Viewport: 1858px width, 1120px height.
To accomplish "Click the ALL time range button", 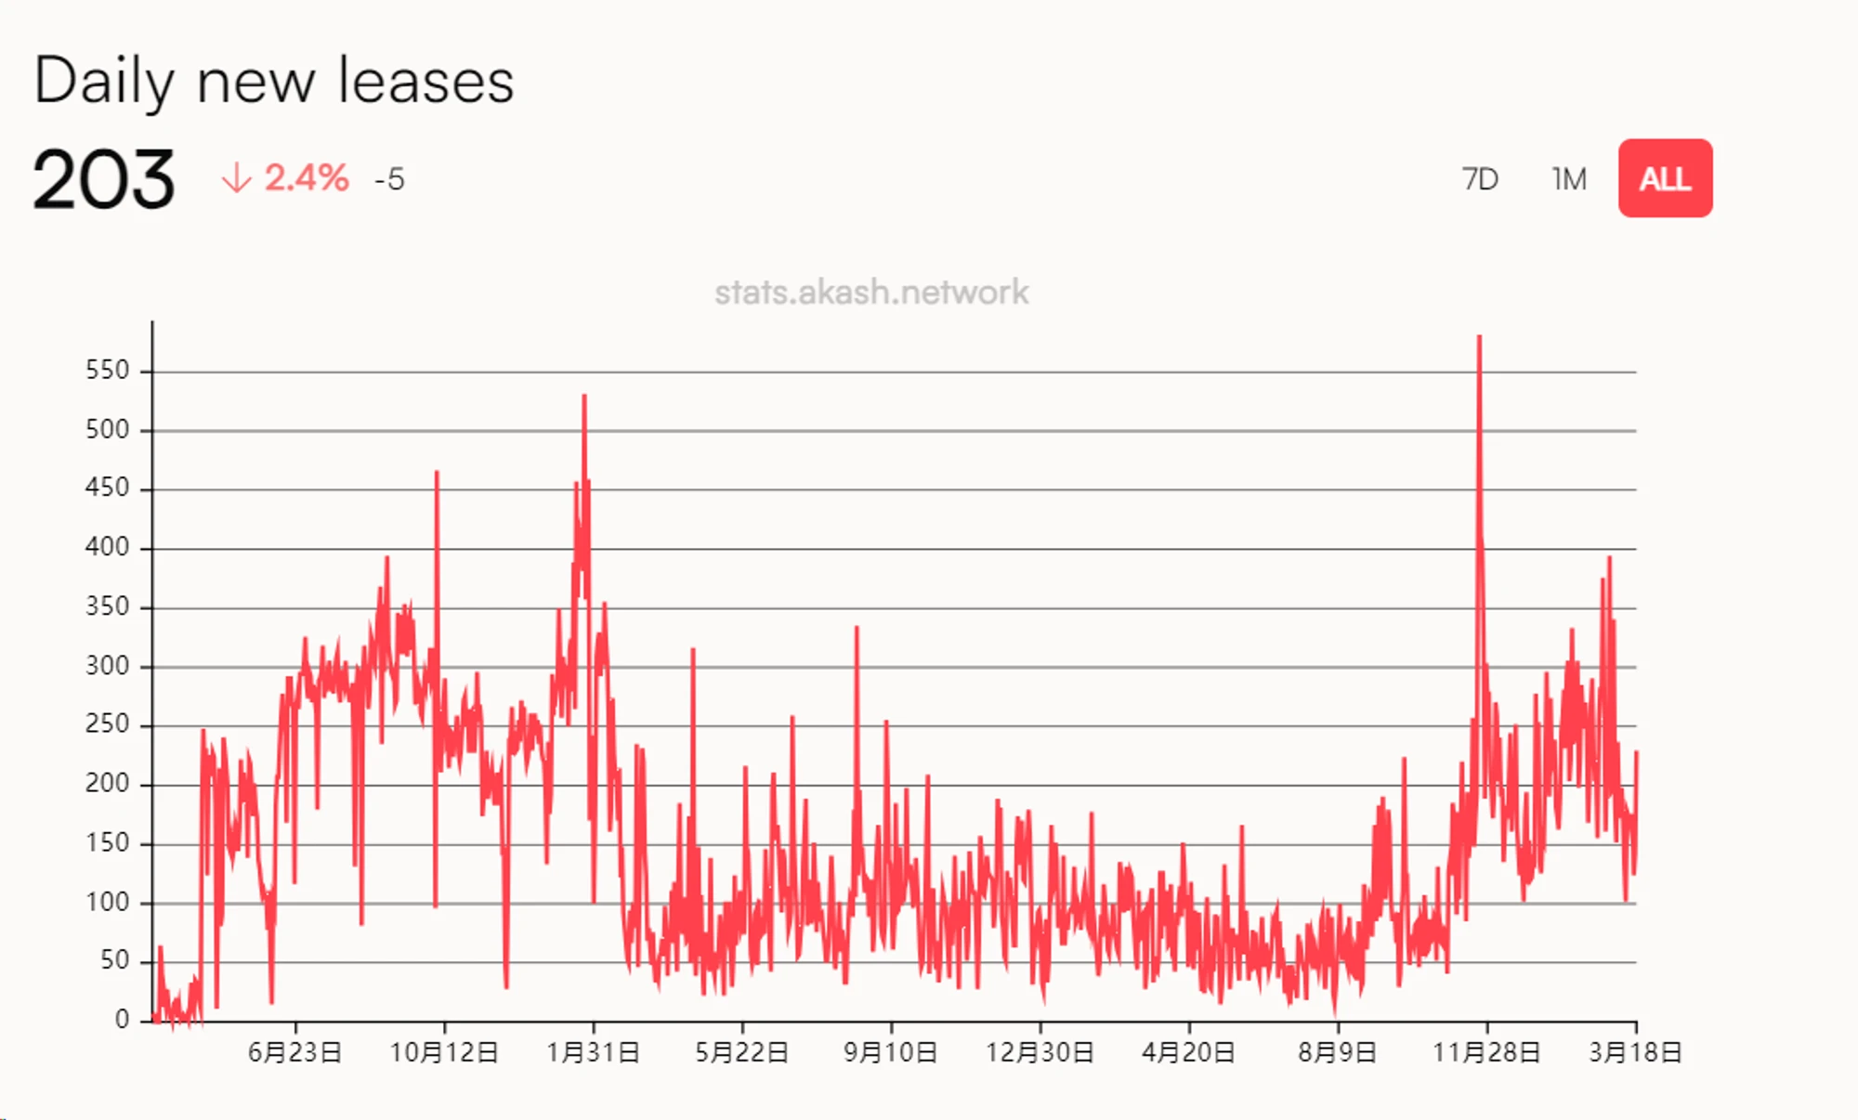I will click(1665, 178).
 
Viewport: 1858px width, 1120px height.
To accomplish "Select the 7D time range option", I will click(1480, 178).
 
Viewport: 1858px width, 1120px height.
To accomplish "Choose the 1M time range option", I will click(1569, 178).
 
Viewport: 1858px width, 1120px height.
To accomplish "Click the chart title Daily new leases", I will click(273, 81).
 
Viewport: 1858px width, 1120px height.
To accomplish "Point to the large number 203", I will click(103, 179).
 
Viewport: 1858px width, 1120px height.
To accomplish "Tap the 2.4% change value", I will click(306, 177).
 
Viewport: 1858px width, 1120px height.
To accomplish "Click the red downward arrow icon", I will click(236, 177).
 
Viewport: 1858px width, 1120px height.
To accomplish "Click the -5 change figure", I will click(389, 179).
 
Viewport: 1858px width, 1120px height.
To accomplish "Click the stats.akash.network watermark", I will click(871, 293).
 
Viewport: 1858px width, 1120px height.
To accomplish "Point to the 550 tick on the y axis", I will click(107, 371).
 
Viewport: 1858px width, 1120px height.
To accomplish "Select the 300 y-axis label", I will click(107, 666).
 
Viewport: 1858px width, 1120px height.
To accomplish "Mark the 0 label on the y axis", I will click(122, 1020).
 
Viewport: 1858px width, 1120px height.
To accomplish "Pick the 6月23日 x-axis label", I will click(294, 1053).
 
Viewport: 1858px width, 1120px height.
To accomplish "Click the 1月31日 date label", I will click(593, 1053).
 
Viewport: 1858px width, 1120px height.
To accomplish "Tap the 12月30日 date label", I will click(1040, 1053).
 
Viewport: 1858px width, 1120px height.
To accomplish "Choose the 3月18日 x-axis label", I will click(1635, 1053).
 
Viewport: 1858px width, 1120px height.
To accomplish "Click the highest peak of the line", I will click(1479, 337).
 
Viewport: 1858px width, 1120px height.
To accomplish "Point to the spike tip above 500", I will click(584, 397).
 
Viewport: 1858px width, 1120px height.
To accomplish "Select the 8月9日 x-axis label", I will click(1337, 1053).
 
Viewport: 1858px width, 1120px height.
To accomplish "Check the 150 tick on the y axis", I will click(107, 843).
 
